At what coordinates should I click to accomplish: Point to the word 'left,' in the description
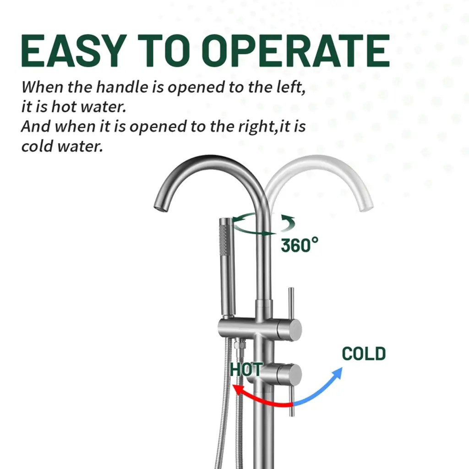pos(291,87)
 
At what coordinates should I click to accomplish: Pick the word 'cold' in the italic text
pos(37,146)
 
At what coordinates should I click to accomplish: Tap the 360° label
pos(300,245)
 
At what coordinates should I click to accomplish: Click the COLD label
pos(364,354)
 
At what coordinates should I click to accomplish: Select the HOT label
pos(246,370)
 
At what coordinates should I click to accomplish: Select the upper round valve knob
pos(289,329)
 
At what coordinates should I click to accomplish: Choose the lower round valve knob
pos(289,374)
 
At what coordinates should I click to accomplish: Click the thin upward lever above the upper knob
pos(291,303)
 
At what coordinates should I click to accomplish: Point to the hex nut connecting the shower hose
pos(239,344)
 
